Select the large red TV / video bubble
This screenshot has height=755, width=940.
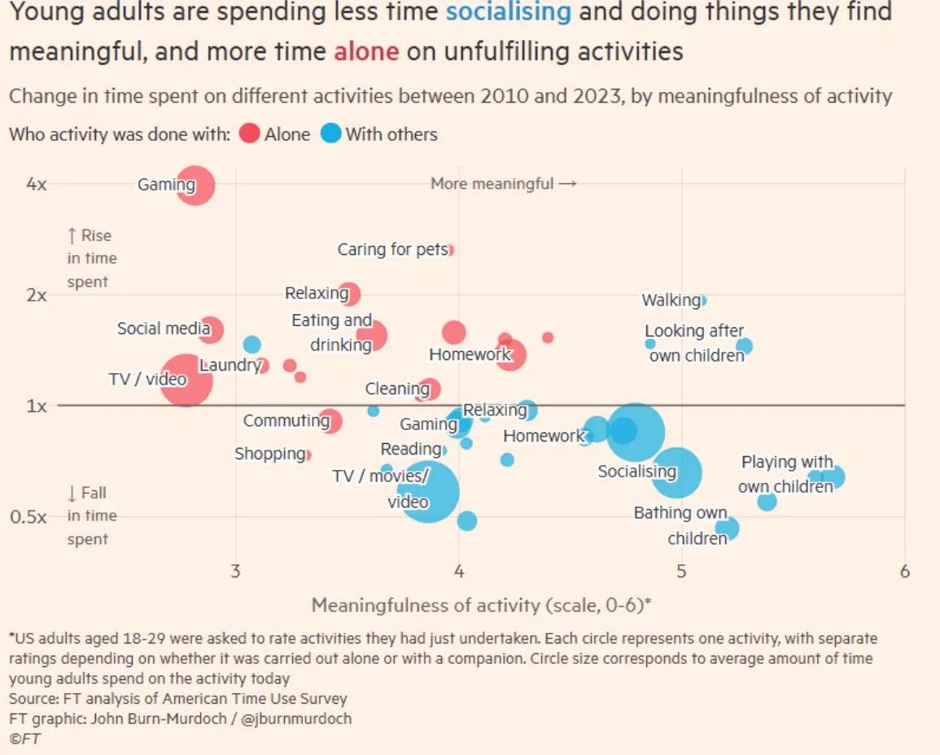[186, 380]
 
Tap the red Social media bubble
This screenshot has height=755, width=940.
[210, 329]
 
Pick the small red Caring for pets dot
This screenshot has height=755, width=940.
[450, 250]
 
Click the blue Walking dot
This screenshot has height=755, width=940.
[702, 300]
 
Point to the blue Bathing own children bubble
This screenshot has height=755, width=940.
[727, 529]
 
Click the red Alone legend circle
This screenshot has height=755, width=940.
[250, 134]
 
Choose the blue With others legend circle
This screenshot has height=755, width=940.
[330, 134]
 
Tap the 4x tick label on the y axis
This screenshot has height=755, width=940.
[37, 184]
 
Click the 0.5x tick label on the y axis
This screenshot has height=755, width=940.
[33, 517]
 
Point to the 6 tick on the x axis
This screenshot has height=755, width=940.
[904, 572]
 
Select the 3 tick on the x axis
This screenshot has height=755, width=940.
[236, 572]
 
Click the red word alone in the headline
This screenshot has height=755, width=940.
[366, 51]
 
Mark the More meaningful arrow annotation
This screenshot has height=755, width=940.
[504, 184]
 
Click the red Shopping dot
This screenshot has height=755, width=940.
[308, 454]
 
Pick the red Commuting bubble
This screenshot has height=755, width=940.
[330, 421]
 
